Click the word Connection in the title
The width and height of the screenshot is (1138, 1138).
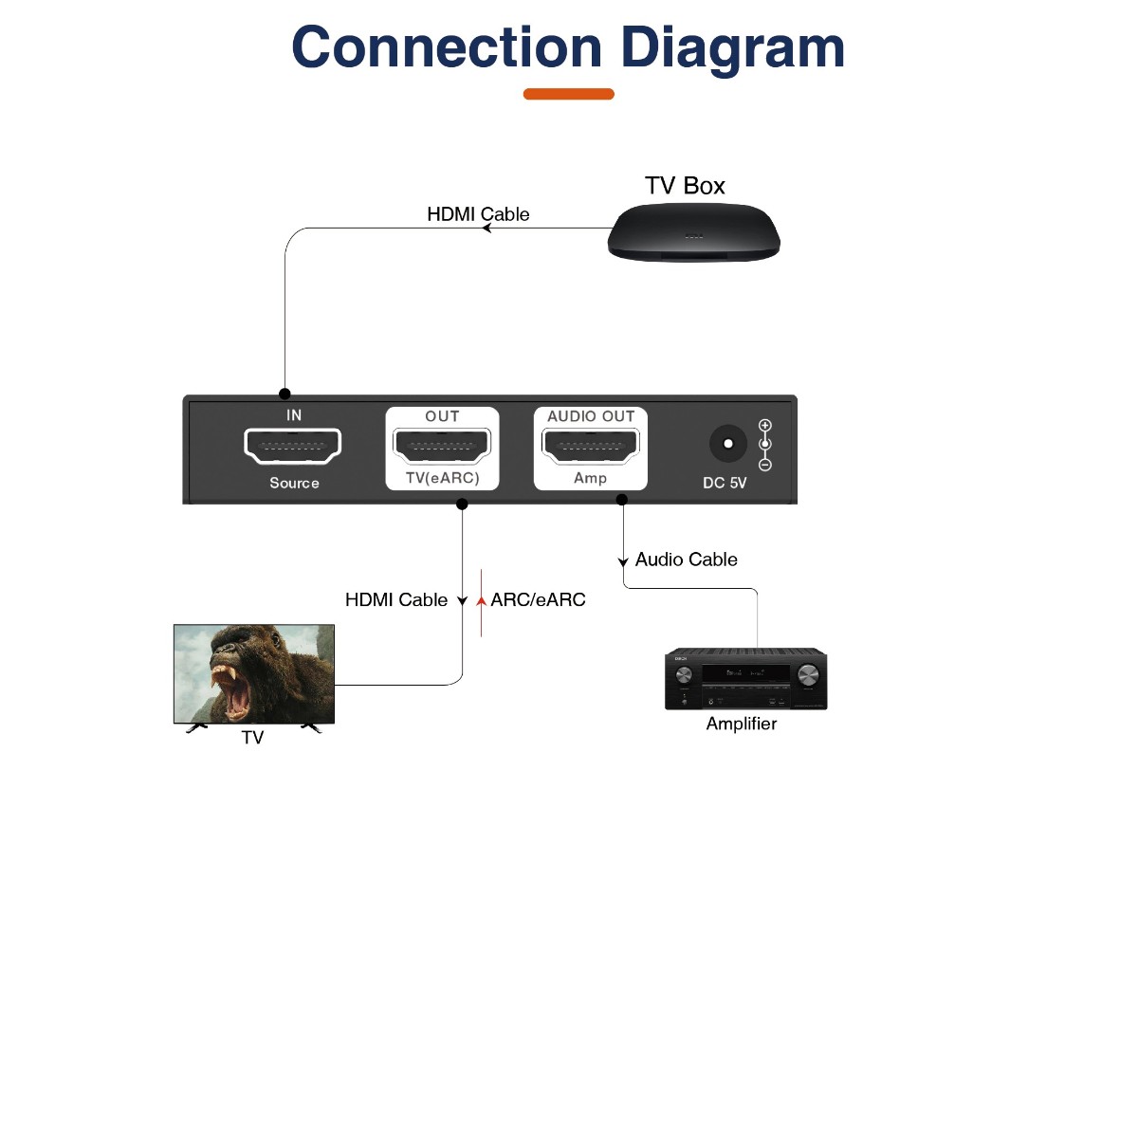(446, 47)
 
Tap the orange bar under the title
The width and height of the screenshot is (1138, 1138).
(569, 94)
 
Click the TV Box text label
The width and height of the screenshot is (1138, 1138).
(685, 186)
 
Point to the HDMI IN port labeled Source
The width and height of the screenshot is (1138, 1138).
(293, 446)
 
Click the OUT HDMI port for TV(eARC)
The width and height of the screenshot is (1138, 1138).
(442, 445)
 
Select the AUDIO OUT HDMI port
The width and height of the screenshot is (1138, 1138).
(591, 445)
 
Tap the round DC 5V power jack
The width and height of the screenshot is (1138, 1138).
(727, 444)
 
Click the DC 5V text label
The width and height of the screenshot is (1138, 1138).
(725, 483)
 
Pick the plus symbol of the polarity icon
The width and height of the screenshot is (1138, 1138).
(765, 426)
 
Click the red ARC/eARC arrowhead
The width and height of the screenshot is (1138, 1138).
(482, 600)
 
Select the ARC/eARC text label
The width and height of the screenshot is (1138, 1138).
(538, 599)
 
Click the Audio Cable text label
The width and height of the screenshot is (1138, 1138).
(686, 560)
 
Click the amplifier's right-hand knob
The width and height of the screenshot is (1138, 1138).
(808, 674)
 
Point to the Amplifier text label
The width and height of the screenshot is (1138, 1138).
(742, 724)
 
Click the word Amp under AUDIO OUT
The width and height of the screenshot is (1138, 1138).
(590, 478)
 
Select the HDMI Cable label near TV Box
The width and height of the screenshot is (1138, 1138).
(478, 214)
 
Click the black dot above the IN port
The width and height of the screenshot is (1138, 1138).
(284, 394)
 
